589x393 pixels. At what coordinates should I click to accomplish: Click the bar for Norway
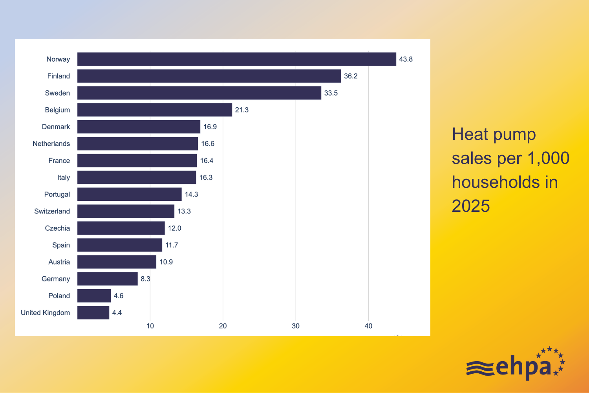click(236, 59)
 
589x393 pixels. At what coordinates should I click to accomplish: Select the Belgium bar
click(155, 110)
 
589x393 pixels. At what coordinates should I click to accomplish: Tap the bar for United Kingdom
click(93, 312)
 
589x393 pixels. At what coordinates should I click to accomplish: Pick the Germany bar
click(108, 279)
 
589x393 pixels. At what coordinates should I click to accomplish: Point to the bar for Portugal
click(130, 194)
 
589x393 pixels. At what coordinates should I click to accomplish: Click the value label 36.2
click(351, 76)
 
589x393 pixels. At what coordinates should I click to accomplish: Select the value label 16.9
click(210, 127)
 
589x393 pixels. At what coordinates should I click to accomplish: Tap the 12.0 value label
click(174, 228)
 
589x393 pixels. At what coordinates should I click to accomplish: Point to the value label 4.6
click(119, 296)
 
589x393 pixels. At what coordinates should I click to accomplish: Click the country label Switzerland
click(52, 211)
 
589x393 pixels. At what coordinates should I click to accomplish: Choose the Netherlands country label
click(51, 143)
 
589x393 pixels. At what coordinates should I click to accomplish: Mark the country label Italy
click(64, 177)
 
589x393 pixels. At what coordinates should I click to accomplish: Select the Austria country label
click(59, 262)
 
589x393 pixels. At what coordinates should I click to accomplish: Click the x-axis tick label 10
click(150, 326)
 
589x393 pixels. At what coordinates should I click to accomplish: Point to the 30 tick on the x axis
click(296, 326)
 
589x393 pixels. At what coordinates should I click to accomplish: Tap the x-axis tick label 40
click(368, 326)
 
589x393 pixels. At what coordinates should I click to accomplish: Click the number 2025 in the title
click(471, 206)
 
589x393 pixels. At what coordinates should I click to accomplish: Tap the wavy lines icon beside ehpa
click(480, 368)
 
